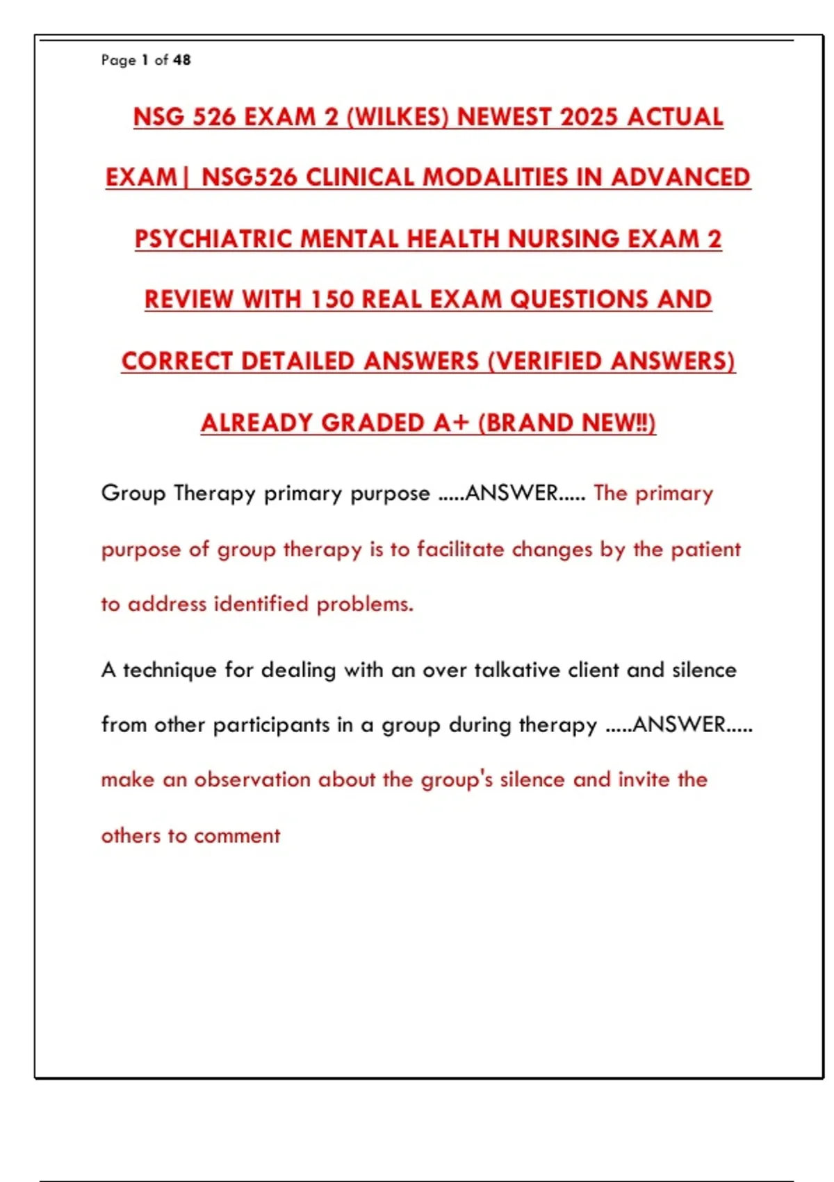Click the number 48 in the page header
pyautogui.click(x=182, y=60)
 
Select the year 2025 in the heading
pyautogui.click(x=589, y=117)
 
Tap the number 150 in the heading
pyautogui.click(x=332, y=300)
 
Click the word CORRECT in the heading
pyautogui.click(x=177, y=362)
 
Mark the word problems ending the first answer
pyautogui.click(x=365, y=604)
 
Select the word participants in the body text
pyautogui.click(x=271, y=725)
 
